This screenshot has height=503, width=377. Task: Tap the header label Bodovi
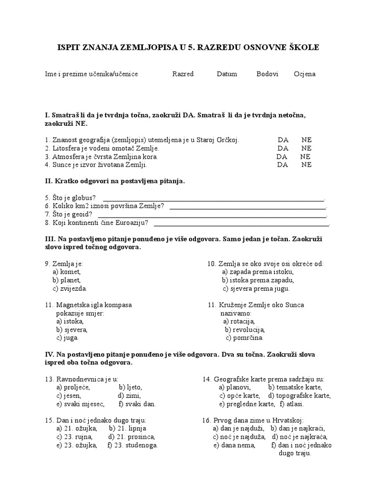click(267, 74)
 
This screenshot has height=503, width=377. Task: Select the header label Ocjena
click(304, 74)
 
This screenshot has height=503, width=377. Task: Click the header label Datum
click(227, 74)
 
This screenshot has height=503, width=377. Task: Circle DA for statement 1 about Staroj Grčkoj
click(283, 140)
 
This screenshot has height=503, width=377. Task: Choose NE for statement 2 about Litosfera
click(306, 148)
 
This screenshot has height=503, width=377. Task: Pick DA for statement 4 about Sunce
click(282, 165)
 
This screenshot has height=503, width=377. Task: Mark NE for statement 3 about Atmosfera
click(305, 157)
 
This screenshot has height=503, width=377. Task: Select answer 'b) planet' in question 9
click(66, 280)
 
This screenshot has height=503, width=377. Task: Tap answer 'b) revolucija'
click(244, 330)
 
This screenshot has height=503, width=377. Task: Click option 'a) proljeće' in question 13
click(73, 388)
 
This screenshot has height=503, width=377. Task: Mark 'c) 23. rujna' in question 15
click(74, 437)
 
